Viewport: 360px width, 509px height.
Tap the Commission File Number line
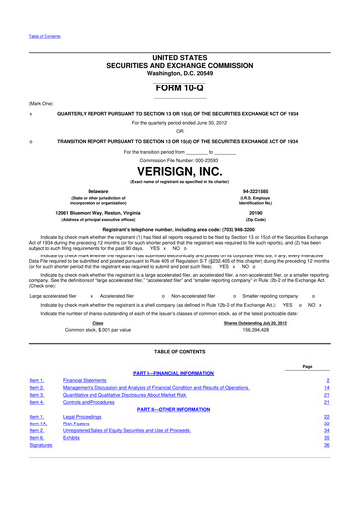point(179,159)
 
